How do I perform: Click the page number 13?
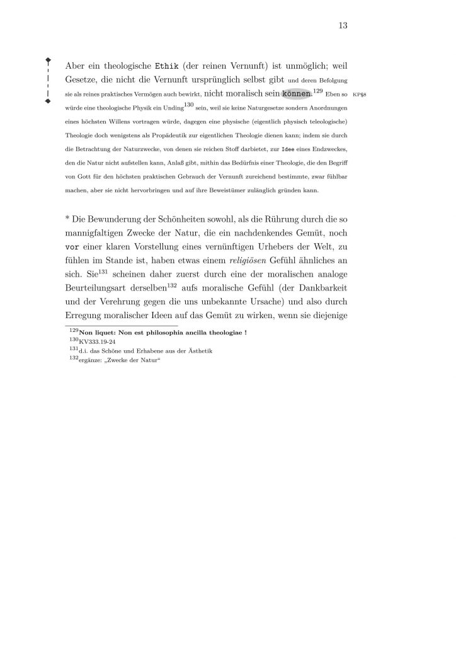(x=343, y=26)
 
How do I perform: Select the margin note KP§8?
(x=364, y=95)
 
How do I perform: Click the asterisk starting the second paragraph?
(x=67, y=219)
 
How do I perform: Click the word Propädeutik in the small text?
(x=162, y=135)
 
